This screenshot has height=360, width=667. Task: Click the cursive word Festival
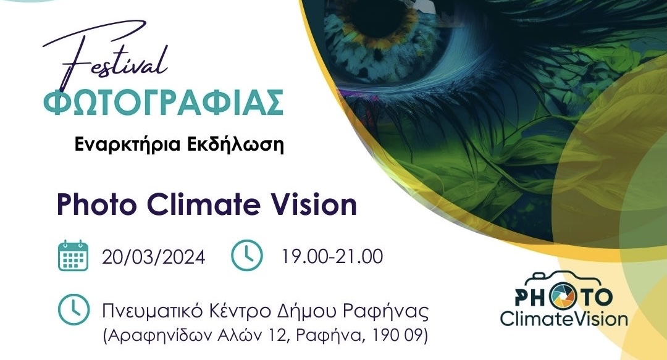point(106,57)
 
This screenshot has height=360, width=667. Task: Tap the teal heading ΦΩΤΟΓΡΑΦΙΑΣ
point(163,103)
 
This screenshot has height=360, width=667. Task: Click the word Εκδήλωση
point(235,144)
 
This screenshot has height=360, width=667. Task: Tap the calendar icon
point(73,256)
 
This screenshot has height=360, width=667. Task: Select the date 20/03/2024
point(154,257)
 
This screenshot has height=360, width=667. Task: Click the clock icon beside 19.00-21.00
point(246,255)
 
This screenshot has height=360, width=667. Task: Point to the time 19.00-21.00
point(332,257)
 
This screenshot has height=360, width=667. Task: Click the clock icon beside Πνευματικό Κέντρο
point(73,310)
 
